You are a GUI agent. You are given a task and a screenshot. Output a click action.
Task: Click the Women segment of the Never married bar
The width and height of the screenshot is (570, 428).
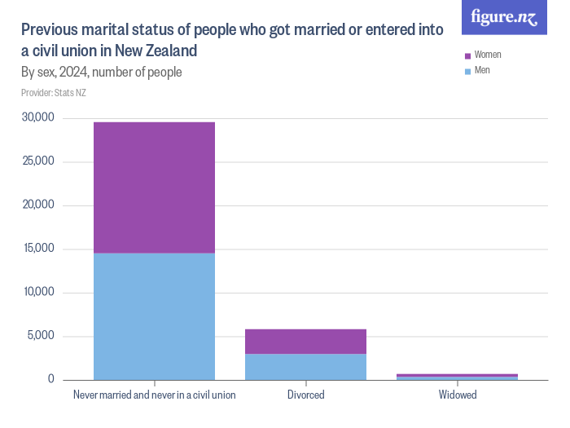coord(154,188)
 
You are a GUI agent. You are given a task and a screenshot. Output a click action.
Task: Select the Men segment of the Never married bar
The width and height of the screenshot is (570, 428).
coord(154,316)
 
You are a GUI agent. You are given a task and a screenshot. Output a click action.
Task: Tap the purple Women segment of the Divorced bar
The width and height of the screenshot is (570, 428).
coord(305,342)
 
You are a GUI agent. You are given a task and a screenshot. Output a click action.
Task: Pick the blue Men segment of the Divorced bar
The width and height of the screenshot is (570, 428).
coord(305,367)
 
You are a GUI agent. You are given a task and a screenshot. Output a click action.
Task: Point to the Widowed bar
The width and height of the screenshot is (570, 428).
coord(457,377)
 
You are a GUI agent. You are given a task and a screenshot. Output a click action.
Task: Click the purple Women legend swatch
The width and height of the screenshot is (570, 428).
coord(467,55)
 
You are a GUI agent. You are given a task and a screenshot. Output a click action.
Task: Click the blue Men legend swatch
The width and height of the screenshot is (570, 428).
coord(467,71)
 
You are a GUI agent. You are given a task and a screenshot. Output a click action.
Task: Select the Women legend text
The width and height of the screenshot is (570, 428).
coord(488,55)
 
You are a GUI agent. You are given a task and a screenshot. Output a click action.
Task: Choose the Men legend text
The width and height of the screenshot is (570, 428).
coord(482,71)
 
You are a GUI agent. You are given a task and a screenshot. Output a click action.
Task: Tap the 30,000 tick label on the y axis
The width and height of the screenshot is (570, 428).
coord(38,117)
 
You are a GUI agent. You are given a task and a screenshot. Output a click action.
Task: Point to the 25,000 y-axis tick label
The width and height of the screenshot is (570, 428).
coord(38,161)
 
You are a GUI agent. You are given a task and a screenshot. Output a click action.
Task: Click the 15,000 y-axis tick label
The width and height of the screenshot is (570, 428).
coord(38,249)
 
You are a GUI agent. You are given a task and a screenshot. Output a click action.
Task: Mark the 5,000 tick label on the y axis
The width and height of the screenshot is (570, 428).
coord(41,336)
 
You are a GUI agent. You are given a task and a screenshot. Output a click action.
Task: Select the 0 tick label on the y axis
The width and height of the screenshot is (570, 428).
coord(50,380)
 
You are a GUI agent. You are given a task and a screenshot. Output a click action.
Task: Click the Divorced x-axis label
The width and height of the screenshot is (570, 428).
coord(305,395)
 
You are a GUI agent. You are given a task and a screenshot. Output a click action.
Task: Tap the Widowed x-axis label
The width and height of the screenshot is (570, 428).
coord(457,395)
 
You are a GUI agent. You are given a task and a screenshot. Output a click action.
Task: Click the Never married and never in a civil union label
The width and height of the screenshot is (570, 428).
coord(154,395)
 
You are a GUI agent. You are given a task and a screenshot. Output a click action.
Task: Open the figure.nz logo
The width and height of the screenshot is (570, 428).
coord(504,17)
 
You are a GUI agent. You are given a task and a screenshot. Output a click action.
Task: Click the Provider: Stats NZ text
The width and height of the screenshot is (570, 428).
coord(54,93)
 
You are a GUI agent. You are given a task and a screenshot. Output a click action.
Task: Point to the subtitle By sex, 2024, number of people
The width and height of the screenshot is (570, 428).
coord(101,73)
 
